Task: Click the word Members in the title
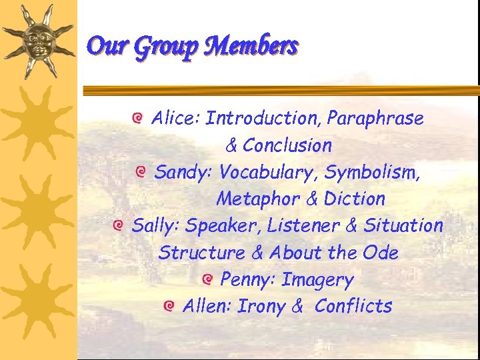pyautogui.click(x=253, y=46)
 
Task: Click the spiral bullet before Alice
pyautogui.click(x=137, y=119)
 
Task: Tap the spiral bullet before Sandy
pyautogui.click(x=140, y=173)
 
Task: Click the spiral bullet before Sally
pyautogui.click(x=117, y=226)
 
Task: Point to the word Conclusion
pyautogui.click(x=287, y=145)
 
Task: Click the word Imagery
pyautogui.click(x=317, y=281)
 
